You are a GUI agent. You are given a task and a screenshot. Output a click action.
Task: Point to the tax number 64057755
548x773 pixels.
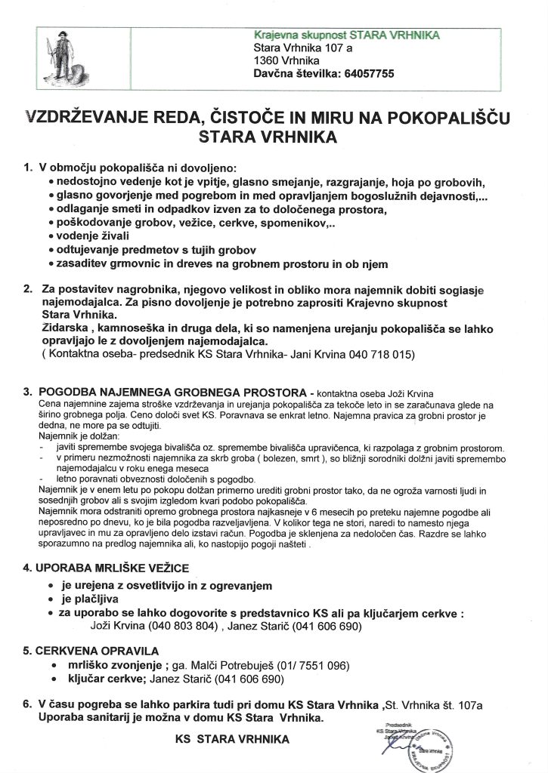362,74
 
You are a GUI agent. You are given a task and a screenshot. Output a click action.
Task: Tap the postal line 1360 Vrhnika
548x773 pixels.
286,61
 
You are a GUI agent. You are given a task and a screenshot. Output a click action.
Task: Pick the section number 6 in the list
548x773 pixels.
27,704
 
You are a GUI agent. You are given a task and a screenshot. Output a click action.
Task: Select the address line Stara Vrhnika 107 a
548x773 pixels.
302,48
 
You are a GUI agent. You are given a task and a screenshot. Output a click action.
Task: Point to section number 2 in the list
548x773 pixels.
27,289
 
